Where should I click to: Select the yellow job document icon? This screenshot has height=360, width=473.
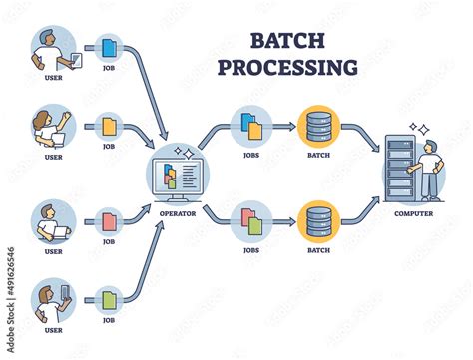point(109,128)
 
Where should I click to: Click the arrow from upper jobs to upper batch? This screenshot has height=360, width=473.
point(284,128)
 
